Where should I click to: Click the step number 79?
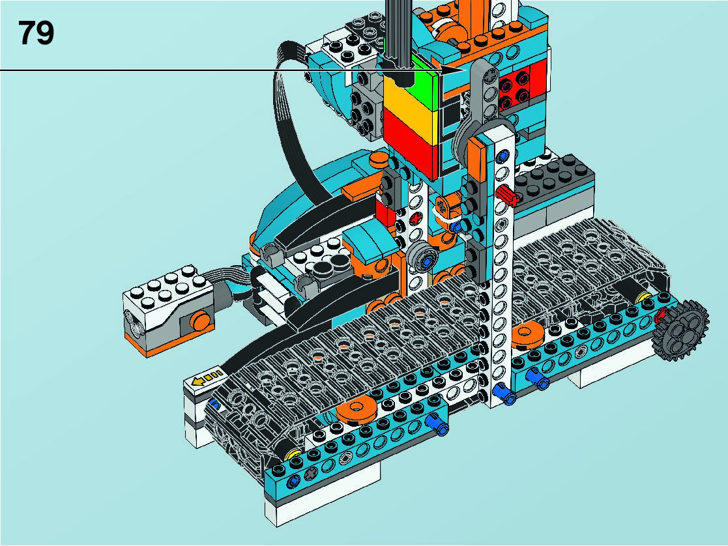36,33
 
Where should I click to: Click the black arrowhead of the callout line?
452,70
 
